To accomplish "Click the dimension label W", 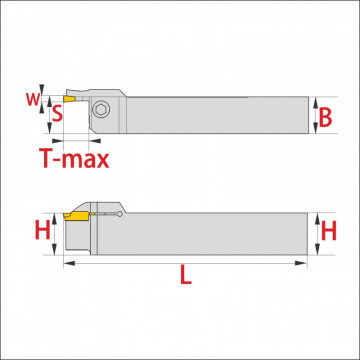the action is [32, 99].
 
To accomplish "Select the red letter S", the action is [58, 114].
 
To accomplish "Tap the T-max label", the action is [74, 159].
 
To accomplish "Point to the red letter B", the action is [325, 118].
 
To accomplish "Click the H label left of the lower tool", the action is [43, 231].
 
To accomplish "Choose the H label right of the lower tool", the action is [328, 231].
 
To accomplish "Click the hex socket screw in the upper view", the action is [101, 109].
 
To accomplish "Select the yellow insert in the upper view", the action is [69, 99].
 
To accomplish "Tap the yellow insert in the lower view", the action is [77, 216].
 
